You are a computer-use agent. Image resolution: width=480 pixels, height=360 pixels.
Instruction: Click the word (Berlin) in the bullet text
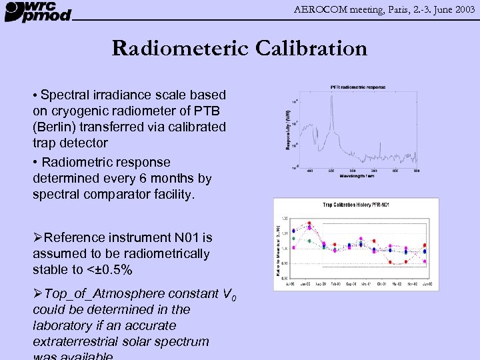coord(57,127)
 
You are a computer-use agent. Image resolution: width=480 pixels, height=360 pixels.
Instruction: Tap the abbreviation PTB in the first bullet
coord(207,111)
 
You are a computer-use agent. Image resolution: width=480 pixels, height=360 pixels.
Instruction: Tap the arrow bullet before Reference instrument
coord(38,237)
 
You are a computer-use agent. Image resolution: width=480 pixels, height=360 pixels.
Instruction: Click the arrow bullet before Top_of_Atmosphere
coord(38,294)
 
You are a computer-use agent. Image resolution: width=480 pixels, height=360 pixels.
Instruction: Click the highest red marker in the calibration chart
coord(309,223)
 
